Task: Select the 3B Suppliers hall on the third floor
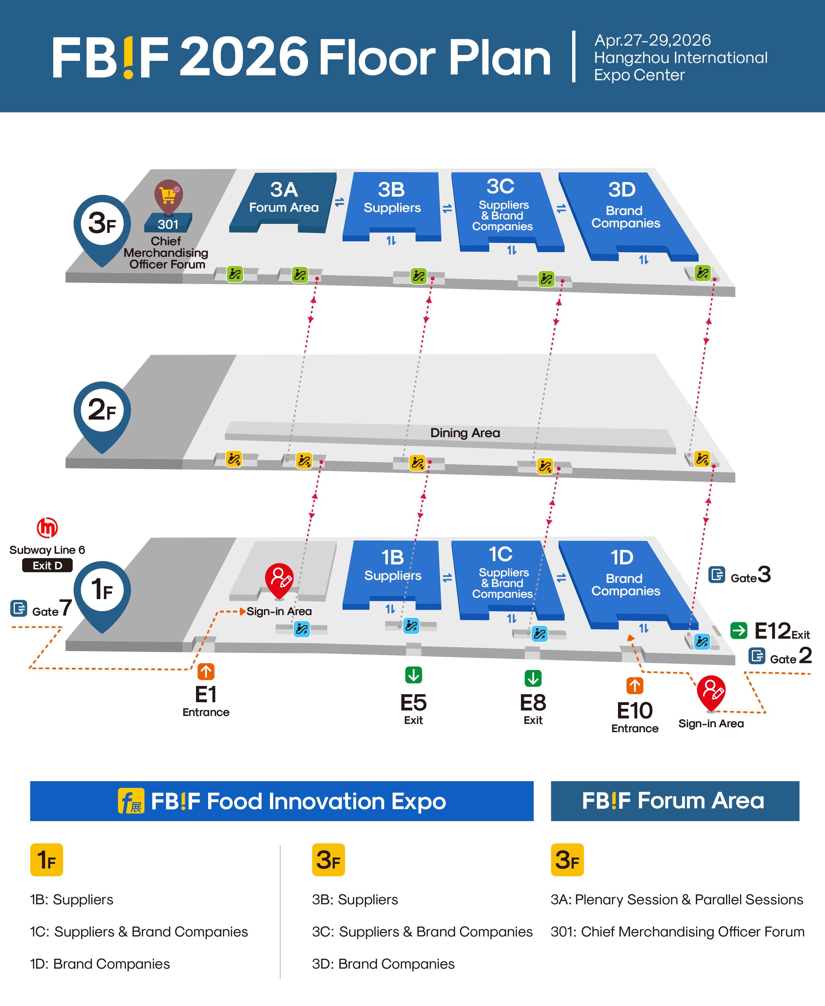click(x=391, y=200)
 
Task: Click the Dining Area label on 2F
click(x=465, y=432)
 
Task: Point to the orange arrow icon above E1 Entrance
click(x=206, y=671)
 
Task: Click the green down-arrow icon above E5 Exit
click(x=413, y=675)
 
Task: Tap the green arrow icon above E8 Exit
click(x=533, y=678)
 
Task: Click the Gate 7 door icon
click(x=18, y=608)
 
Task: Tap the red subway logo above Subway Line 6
click(x=47, y=528)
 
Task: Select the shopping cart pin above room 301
click(x=168, y=195)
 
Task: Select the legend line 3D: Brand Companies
click(x=383, y=964)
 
